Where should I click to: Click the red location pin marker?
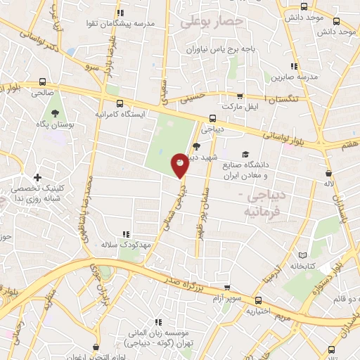180,165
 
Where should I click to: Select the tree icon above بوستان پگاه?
53,112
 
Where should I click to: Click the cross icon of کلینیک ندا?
37,176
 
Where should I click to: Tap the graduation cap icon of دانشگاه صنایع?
245,155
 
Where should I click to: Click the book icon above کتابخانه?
303,254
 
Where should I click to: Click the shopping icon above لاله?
328,172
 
